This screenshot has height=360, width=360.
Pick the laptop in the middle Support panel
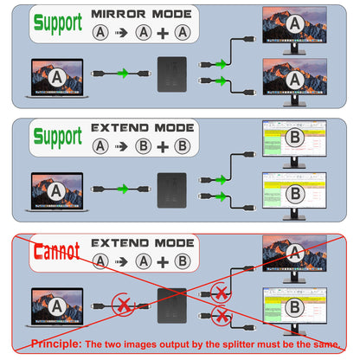coord(56,190)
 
